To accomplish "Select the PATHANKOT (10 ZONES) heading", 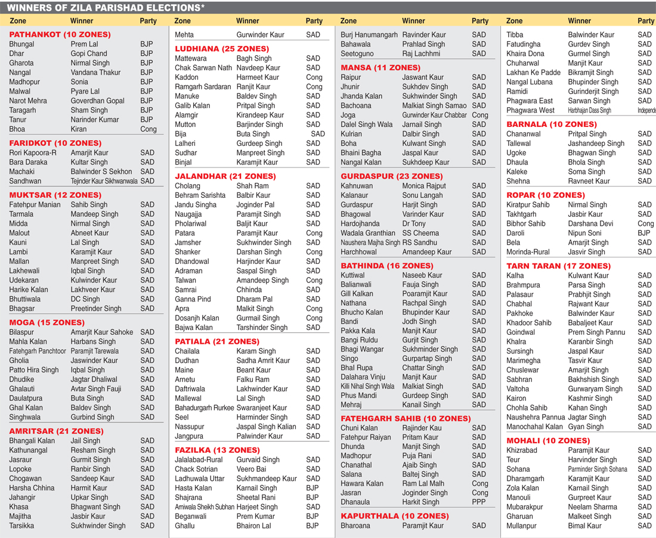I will pos(60,35).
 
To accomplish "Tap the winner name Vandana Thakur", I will pos(95,72).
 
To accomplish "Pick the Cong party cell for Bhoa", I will pos(148,129).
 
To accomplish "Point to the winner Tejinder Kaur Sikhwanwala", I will pos(104,181).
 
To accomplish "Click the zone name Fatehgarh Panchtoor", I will pos(38,351).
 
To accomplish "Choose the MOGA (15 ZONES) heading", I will pos(47,322).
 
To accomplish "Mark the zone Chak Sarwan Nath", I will pos(203,68).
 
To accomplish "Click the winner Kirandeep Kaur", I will pos(260,115).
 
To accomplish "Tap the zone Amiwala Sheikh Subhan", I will pos(204,507).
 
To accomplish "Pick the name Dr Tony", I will pos(414,223).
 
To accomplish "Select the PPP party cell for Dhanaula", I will pos(479,502).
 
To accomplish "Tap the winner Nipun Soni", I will pos(584,233).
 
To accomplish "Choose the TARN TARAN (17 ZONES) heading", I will pos(558,266).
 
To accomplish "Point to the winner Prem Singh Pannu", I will pos(596,332).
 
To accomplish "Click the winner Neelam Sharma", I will pos(593,507).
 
